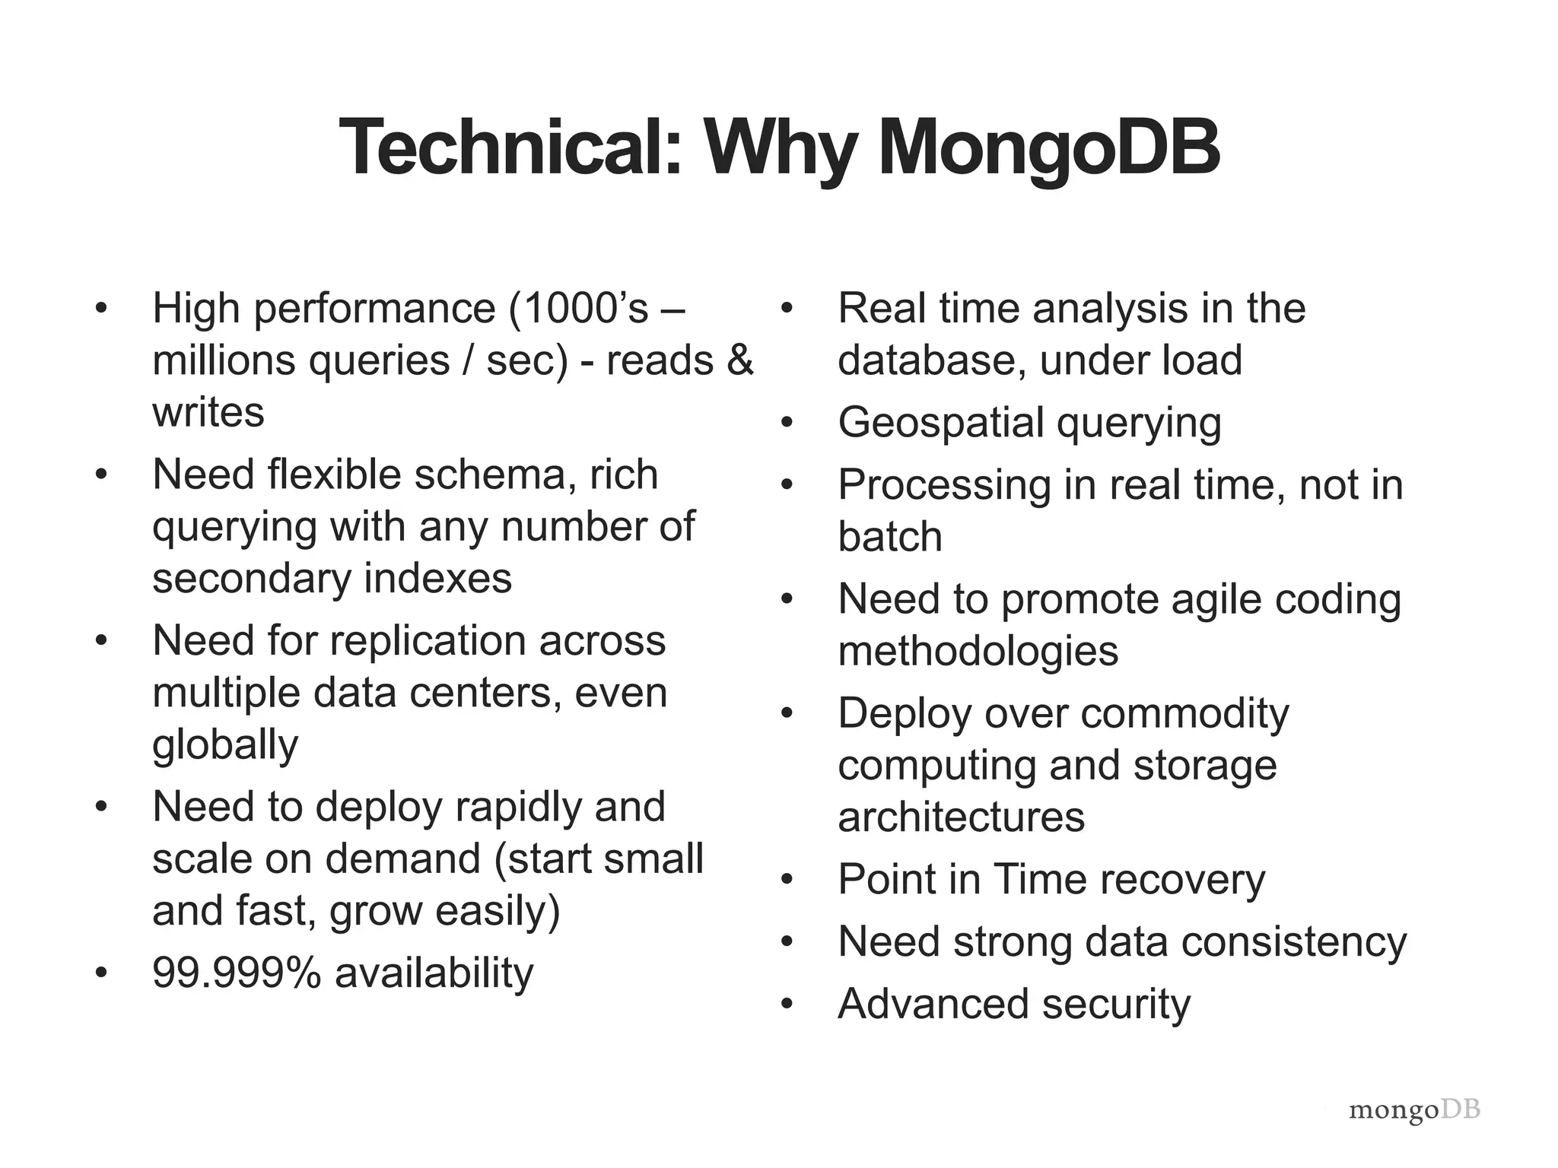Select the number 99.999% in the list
coord(237,973)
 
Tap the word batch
coord(890,537)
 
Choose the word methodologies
coord(978,652)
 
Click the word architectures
coord(962,817)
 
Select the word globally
coord(225,744)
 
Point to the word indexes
coord(438,579)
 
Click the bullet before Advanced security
coord(787,1005)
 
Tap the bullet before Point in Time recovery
coord(787,881)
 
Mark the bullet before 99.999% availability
coord(101,974)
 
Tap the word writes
coord(208,413)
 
